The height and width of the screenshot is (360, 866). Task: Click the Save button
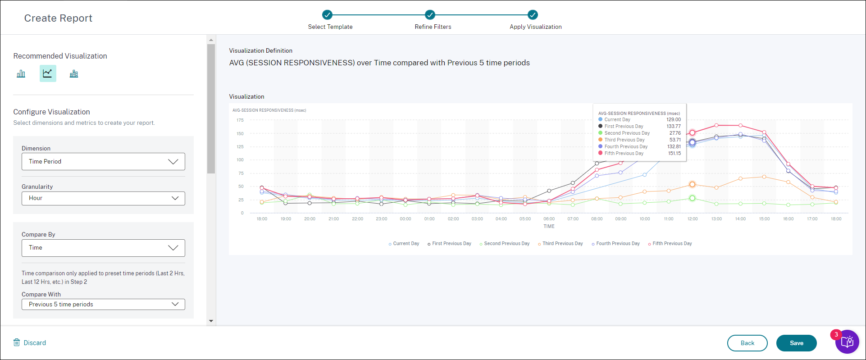point(796,343)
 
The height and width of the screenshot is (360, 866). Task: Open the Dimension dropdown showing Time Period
point(103,162)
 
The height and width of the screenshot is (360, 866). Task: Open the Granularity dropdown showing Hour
point(103,198)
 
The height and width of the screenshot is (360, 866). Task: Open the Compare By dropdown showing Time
point(103,248)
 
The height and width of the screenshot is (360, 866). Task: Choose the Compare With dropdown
point(103,305)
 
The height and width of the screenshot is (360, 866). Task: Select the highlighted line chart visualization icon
point(48,73)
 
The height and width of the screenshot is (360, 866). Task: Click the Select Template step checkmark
point(328,15)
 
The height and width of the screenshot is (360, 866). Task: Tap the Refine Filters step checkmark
point(430,15)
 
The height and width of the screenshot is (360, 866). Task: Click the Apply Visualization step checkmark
point(533,15)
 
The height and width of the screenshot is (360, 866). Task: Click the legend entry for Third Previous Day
point(562,244)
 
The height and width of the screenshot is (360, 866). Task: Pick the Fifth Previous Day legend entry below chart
point(671,244)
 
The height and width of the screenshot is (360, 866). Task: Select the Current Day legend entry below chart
point(406,244)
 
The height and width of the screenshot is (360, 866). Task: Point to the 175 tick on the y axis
point(240,120)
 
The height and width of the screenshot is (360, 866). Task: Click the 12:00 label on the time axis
point(693,219)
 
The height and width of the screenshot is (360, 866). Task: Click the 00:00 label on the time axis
point(406,219)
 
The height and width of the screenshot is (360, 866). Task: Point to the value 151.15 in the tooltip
point(674,154)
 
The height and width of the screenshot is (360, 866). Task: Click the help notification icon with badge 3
point(847,342)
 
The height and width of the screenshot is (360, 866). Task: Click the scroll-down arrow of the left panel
point(211,321)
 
